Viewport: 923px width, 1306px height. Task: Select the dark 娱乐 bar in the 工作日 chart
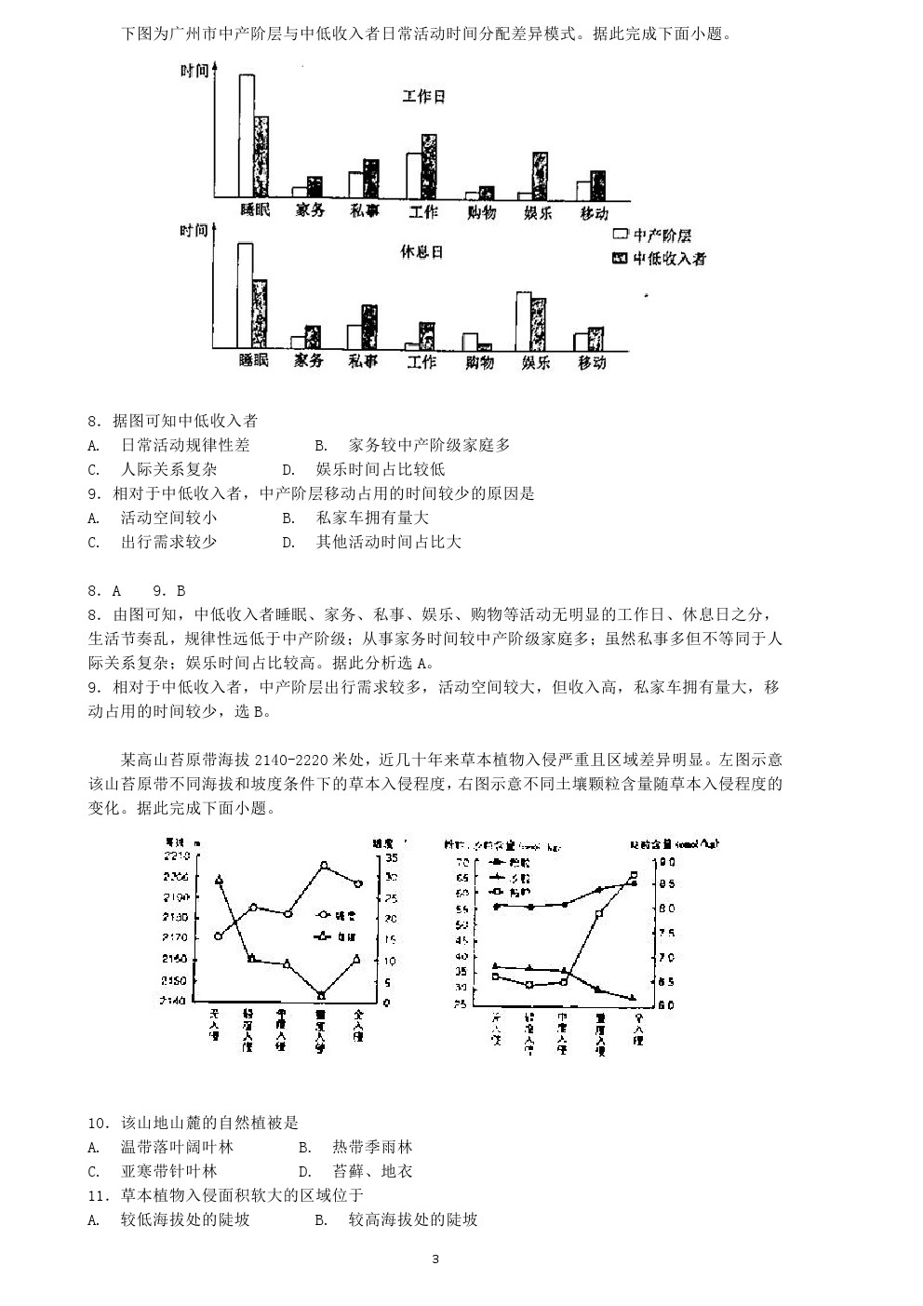click(x=540, y=175)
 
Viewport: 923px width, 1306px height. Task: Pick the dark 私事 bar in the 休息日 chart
click(x=369, y=326)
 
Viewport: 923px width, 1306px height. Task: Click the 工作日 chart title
click(x=423, y=97)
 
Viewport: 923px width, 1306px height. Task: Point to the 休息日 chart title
click(x=421, y=252)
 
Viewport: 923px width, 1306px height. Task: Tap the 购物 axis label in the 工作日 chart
click(x=480, y=212)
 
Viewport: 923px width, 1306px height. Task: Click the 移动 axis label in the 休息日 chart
click(x=592, y=362)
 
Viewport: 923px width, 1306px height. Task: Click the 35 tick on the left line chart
click(x=390, y=856)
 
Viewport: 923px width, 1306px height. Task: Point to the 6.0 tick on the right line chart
click(x=666, y=1005)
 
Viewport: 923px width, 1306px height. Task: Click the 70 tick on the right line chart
click(x=462, y=862)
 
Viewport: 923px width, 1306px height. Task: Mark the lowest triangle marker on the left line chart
click(x=322, y=995)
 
